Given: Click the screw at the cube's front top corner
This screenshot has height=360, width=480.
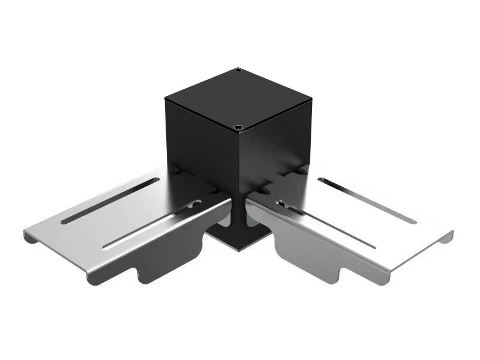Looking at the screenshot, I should (239, 127).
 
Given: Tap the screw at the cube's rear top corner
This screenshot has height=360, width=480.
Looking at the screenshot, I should (238, 70).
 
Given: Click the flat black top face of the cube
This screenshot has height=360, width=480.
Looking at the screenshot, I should (239, 97).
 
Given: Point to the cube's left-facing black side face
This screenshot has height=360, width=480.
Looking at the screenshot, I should (201, 144).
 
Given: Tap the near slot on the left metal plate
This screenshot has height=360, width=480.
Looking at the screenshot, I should (150, 225).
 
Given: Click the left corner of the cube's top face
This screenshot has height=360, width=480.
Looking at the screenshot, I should (166, 97).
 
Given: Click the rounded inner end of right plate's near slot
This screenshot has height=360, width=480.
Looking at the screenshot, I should (281, 203).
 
